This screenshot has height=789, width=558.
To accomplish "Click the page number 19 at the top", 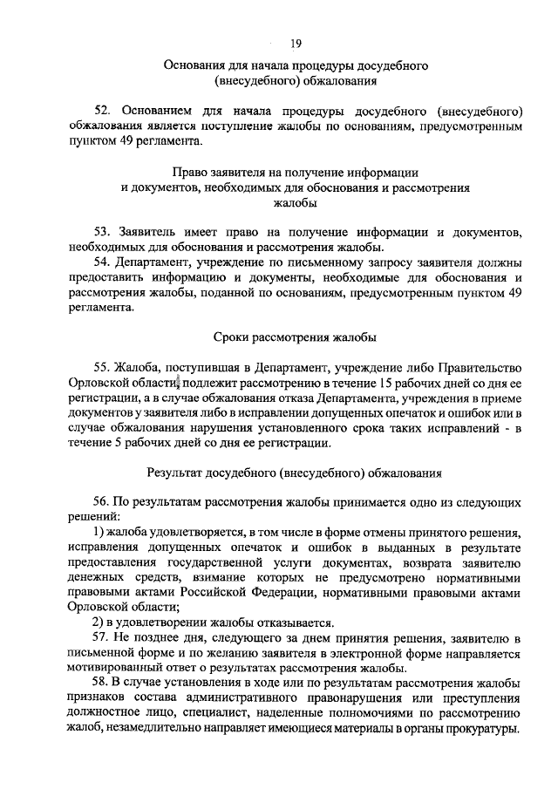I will [x=296, y=40].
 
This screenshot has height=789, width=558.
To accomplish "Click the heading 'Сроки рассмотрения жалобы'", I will [x=296, y=337].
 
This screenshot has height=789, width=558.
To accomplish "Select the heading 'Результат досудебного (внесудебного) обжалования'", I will [x=296, y=473].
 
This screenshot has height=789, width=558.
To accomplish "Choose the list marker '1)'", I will [x=99, y=532].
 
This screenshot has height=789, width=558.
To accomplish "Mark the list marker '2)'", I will [x=99, y=622].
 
